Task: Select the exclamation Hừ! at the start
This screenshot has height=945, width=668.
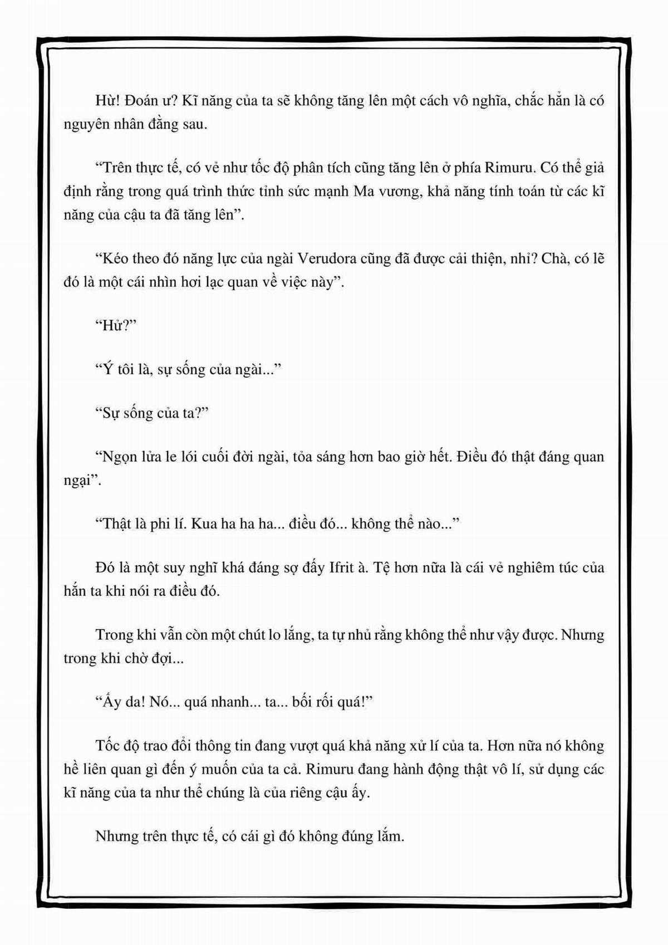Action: pyautogui.click(x=106, y=101)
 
